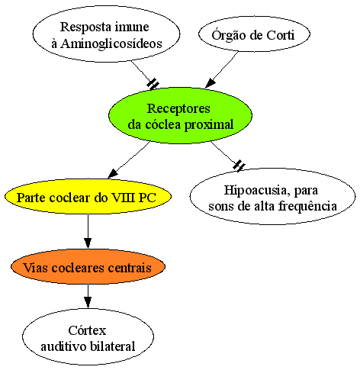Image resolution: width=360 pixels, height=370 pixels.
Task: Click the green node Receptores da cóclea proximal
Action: (x=180, y=116)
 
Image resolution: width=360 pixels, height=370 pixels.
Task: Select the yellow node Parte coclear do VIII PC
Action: (x=88, y=197)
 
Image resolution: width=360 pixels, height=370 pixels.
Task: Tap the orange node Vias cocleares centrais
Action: (x=88, y=267)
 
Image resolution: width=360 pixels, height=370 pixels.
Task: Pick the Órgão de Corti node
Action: (x=254, y=34)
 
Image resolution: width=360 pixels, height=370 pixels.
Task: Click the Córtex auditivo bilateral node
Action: (x=88, y=336)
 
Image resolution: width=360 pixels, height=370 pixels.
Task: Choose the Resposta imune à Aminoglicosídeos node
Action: (x=106, y=34)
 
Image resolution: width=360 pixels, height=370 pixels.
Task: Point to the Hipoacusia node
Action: (x=272, y=196)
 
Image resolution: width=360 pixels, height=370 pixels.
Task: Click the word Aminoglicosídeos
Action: (x=111, y=43)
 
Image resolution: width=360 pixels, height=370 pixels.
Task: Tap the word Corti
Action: (x=281, y=35)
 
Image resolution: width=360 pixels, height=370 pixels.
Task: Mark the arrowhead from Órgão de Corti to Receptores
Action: (x=210, y=83)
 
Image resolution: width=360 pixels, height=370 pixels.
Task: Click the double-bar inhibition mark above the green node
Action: (x=153, y=84)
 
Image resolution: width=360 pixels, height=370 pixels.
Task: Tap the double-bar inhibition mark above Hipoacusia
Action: (x=239, y=166)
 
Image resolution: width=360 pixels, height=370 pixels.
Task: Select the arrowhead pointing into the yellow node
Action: (x=113, y=174)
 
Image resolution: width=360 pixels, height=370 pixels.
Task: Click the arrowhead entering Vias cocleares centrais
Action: (x=88, y=243)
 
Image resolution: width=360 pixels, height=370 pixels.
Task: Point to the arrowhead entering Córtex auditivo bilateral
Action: (x=88, y=303)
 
